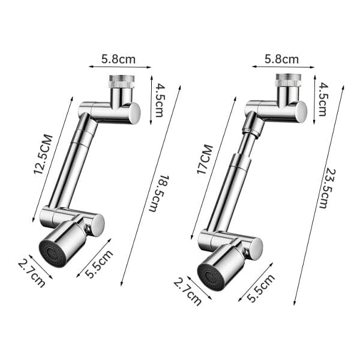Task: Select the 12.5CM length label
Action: pyautogui.click(x=43, y=155)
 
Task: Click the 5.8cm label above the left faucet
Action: pyautogui.click(x=118, y=59)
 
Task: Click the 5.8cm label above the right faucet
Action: pyautogui.click(x=282, y=59)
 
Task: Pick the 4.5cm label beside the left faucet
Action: pyautogui.click(x=158, y=100)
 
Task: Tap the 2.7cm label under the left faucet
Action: pyautogui.click(x=32, y=272)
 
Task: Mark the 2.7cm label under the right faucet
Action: pyautogui.click(x=187, y=291)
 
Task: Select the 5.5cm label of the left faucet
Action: pyautogui.click(x=99, y=263)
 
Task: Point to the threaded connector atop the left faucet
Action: pyautogui.click(x=121, y=82)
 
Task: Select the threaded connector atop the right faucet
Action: pyautogui.click(x=287, y=80)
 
